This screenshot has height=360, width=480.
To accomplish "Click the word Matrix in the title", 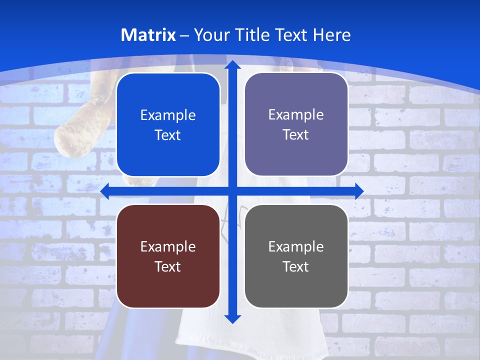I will pos(148,35).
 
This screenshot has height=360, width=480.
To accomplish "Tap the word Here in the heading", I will pos(331,35).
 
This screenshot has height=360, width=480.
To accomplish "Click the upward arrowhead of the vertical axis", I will pos(232,65).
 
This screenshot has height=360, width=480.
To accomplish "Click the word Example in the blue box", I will pos(168,115).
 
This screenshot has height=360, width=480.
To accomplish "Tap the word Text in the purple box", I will pos(296,135).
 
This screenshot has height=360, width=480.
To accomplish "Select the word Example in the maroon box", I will pos(168,246).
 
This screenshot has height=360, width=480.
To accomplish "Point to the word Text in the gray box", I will pos(296,266).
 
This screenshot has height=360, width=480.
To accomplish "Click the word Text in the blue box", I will pos(168,135).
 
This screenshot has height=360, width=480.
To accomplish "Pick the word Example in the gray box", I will pos(296,246).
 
